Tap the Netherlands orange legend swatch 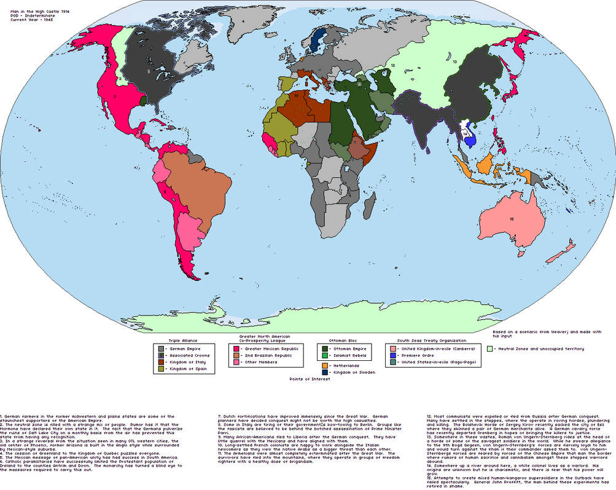[324, 365]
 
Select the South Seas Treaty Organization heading [431, 340]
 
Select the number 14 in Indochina [466, 132]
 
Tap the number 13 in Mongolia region [454, 61]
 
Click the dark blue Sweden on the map [318, 38]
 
